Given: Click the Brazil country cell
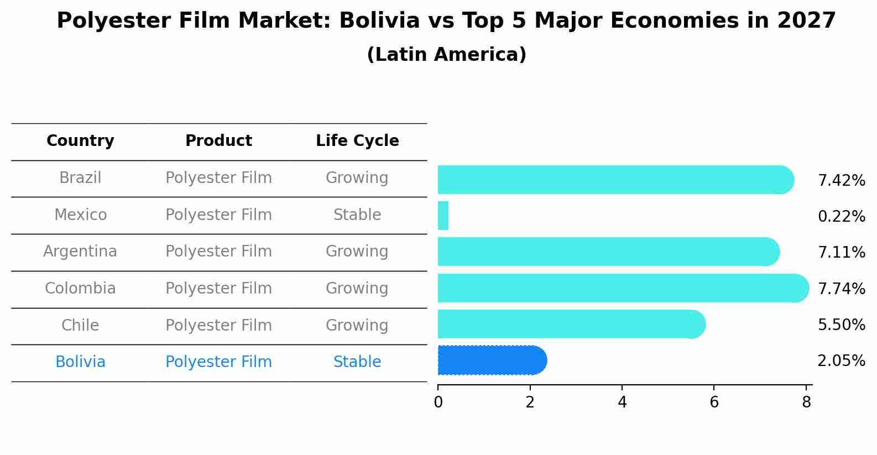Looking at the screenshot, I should tap(80, 178).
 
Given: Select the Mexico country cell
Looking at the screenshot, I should tap(80, 215).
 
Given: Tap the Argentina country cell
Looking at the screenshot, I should tap(80, 252).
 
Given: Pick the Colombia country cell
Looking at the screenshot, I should tap(80, 289).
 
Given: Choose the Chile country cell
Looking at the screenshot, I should tap(80, 326).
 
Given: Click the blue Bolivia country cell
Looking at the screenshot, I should tap(80, 362).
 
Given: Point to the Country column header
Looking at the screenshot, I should tap(80, 141).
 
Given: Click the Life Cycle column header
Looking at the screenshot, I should tap(357, 141).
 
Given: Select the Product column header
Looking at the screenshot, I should tap(218, 141).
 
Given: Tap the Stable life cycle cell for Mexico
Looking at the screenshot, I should tap(357, 215).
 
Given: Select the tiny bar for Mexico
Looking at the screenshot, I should tap(443, 216).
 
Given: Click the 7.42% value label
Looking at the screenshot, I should tap(841, 181).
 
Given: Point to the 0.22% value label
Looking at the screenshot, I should tap(841, 217).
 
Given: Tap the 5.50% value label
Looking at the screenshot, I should tap(841, 325).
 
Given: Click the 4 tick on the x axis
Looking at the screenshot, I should tap(622, 402).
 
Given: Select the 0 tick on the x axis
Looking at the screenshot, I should tap(438, 402).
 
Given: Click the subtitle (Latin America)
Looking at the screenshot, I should tap(446, 55).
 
